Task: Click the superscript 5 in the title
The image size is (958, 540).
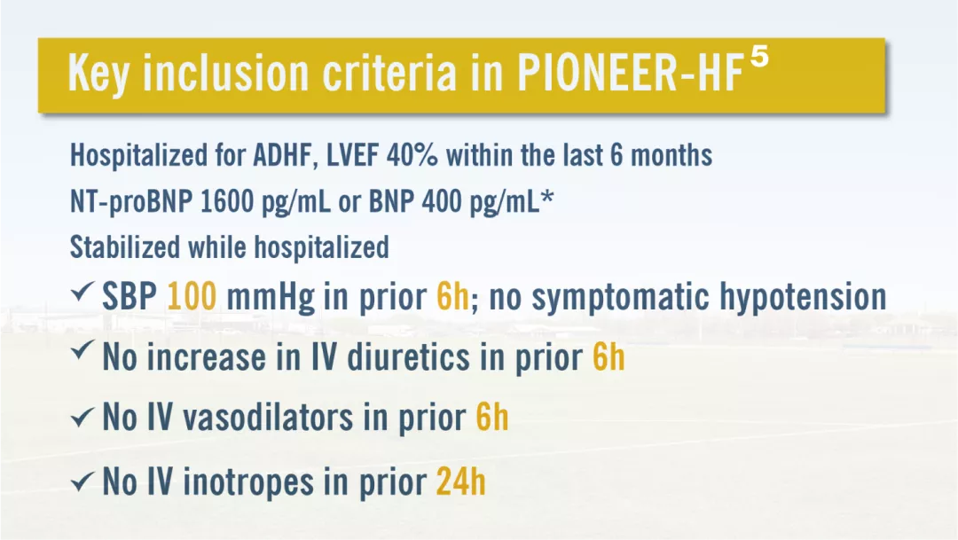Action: click(x=758, y=59)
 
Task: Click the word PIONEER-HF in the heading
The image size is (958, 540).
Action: click(x=630, y=74)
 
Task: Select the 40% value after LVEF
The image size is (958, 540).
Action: click(x=412, y=155)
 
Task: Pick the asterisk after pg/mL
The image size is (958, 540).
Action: click(x=547, y=197)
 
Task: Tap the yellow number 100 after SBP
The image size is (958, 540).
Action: click(x=192, y=296)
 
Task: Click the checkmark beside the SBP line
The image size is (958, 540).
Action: click(x=82, y=292)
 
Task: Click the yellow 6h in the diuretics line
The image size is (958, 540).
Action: click(x=609, y=356)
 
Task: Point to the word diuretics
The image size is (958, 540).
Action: click(x=409, y=356)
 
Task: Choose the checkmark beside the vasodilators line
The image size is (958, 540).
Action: click(x=82, y=418)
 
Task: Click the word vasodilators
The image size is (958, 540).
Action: click(x=268, y=418)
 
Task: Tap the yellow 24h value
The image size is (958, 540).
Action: click(x=460, y=481)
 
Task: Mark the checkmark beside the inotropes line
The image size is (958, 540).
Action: click(x=82, y=482)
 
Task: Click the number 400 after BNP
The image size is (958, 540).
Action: click(x=442, y=201)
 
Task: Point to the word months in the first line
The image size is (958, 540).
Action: click(x=671, y=155)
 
